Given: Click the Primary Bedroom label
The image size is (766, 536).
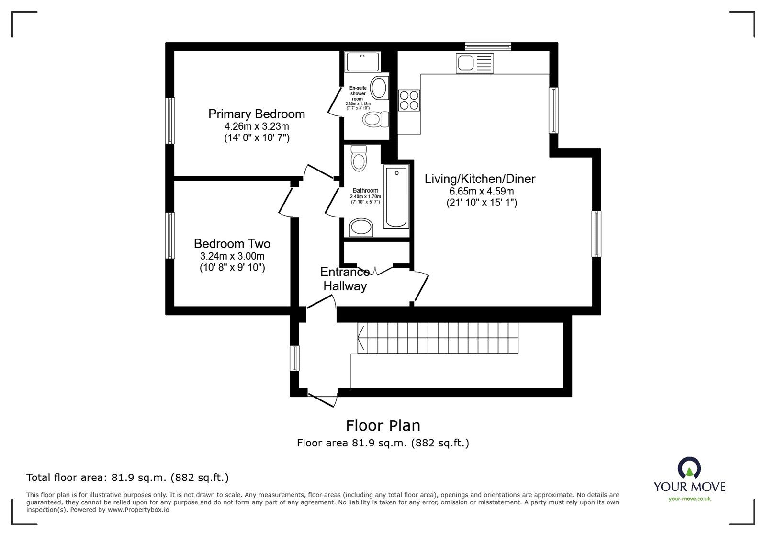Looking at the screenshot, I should tap(256, 114).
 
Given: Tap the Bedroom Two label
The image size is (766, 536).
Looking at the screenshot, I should tap(232, 243).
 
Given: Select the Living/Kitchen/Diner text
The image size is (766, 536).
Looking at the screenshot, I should tap(480, 179).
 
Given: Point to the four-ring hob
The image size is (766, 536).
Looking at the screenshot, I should tap(409, 101).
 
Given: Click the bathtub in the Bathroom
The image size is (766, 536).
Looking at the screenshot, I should tap(396, 196).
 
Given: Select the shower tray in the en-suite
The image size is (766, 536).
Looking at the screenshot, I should tap(362, 62).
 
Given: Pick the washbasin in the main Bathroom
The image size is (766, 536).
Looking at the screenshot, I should tap(361, 228).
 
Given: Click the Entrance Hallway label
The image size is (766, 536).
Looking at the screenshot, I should tap(345, 279).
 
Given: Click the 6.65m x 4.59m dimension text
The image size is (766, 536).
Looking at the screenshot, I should tap(481, 191).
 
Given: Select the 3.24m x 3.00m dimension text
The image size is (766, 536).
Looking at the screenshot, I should tap(232, 256).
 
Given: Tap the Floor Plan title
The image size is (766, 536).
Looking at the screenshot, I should tap(383, 425).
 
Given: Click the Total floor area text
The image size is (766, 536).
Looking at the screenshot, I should tap(127, 478).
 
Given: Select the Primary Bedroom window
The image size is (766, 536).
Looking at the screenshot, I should tap(169, 120).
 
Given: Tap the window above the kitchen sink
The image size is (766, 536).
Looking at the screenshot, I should tap(487, 46).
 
